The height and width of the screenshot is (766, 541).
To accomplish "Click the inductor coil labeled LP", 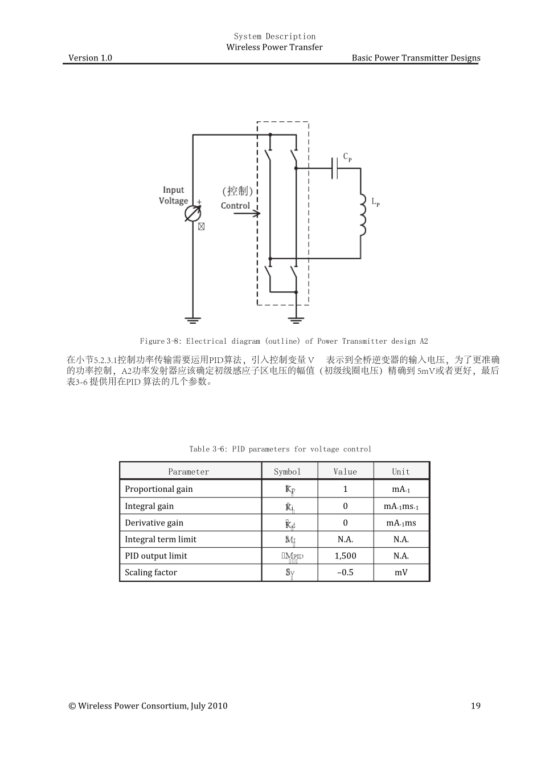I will point(362,214).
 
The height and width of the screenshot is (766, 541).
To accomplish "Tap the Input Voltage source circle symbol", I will point(193,214).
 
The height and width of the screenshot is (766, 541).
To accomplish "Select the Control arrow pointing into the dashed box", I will point(247,214).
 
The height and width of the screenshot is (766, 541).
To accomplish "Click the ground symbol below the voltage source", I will point(193,320).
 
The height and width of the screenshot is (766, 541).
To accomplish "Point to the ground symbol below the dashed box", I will point(296,320).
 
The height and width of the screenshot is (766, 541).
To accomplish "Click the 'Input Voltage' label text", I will point(174,195).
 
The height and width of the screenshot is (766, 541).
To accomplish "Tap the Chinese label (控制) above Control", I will point(237,191).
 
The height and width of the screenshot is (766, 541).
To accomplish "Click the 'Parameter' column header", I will point(188,472).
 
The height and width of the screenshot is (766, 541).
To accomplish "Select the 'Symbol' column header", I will point(288,472).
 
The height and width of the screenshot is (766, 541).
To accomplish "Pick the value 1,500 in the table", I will point(345,556).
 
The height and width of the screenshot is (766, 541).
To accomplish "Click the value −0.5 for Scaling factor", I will point(345,572).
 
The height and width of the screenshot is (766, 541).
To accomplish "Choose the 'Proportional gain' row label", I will point(159,489).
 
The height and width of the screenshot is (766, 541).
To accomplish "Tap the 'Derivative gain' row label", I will point(154,523).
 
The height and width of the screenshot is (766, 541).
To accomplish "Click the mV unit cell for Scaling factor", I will point(401,572).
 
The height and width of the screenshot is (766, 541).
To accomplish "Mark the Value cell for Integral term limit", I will point(345,539).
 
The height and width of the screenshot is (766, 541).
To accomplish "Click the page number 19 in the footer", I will point(476,706).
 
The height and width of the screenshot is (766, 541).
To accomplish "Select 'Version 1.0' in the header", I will point(90,58).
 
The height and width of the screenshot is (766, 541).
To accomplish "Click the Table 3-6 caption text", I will point(280,449).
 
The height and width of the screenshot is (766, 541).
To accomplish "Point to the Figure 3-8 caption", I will point(284,341).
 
